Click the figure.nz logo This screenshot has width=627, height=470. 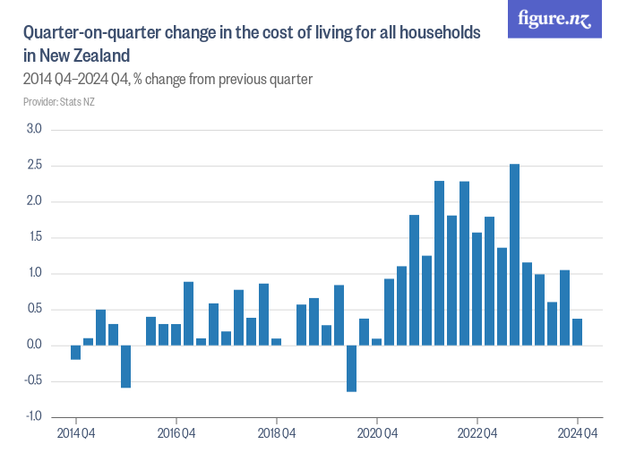[554, 19]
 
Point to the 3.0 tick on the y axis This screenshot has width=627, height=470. [35, 130]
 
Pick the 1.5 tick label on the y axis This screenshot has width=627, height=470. [35, 237]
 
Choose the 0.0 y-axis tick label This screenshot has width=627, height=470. [35, 346]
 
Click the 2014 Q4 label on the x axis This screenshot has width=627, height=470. [76, 434]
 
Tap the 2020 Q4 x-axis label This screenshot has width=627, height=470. [377, 434]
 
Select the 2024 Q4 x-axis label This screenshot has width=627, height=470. [578, 434]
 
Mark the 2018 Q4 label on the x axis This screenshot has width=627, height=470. [277, 434]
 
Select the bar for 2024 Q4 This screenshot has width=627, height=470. [578, 332]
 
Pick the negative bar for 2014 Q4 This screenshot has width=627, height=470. [76, 353]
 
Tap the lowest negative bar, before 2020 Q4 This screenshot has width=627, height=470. [352, 368]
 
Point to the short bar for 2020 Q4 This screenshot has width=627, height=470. [377, 342]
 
